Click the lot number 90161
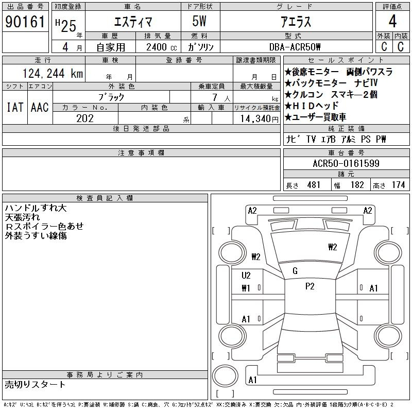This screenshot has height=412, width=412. click(x=25, y=22)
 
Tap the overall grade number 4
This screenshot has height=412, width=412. click(x=392, y=21)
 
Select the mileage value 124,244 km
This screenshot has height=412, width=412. click(x=53, y=74)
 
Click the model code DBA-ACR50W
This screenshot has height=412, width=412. click(x=295, y=47)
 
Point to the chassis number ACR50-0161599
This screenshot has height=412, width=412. click(x=346, y=163)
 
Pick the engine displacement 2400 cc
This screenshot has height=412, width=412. click(x=162, y=47)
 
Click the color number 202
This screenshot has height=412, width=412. click(x=85, y=118)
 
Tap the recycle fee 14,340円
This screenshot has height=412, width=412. click(x=260, y=119)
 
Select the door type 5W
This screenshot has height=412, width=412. click(x=199, y=21)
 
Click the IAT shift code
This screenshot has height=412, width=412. click(x=15, y=107)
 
